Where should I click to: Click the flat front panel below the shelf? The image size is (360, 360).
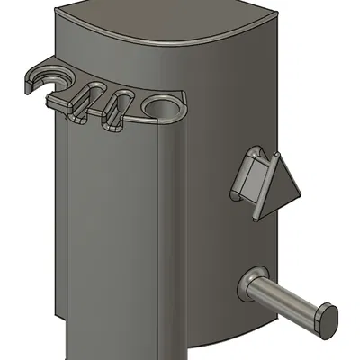point(117,234)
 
